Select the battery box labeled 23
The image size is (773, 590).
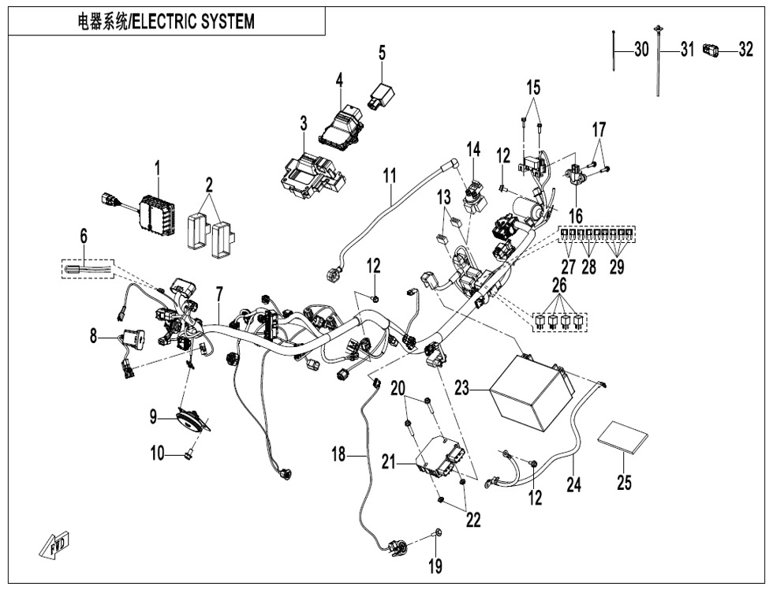[528, 390]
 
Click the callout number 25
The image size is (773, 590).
[624, 482]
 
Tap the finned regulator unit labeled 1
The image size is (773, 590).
[156, 214]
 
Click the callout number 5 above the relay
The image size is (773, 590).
[382, 54]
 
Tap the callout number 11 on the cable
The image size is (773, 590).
[389, 175]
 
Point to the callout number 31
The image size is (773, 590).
[686, 50]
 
